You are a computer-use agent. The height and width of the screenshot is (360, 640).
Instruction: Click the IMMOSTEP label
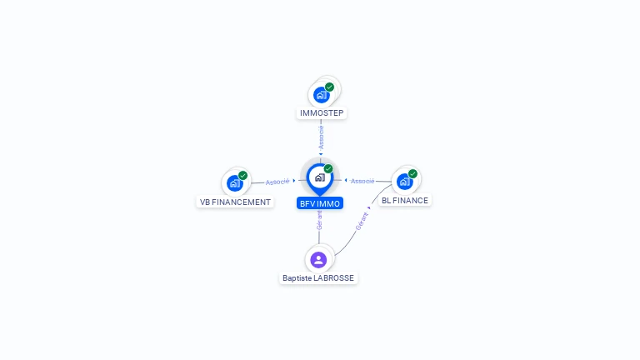[322, 113]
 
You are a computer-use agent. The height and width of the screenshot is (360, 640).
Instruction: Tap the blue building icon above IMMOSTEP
[321, 95]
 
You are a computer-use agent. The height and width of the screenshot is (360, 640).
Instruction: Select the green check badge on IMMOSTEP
[329, 87]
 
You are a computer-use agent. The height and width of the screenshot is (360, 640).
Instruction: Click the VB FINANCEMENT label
[235, 202]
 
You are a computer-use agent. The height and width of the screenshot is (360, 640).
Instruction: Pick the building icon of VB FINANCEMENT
[235, 183]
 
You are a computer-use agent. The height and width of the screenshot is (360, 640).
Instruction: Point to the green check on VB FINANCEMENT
[242, 176]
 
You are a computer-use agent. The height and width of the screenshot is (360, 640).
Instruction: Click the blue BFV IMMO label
[320, 203]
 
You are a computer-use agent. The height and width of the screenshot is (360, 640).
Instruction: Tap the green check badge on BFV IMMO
[328, 168]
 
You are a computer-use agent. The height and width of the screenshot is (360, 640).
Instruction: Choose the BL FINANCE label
[405, 200]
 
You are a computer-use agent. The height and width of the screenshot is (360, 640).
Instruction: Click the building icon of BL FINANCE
[404, 182]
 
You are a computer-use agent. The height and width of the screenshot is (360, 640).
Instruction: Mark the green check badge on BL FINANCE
[412, 174]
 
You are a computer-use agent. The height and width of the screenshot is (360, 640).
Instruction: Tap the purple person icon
[318, 260]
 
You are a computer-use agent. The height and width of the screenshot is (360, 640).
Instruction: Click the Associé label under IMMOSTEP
[321, 137]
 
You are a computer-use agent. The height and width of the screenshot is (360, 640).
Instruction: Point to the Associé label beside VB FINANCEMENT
[277, 182]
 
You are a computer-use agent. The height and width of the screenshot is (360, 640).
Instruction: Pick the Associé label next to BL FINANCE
[362, 181]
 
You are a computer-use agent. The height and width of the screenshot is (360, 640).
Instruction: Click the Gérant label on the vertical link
[319, 220]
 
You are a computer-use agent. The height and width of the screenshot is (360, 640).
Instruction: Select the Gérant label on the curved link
[362, 221]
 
